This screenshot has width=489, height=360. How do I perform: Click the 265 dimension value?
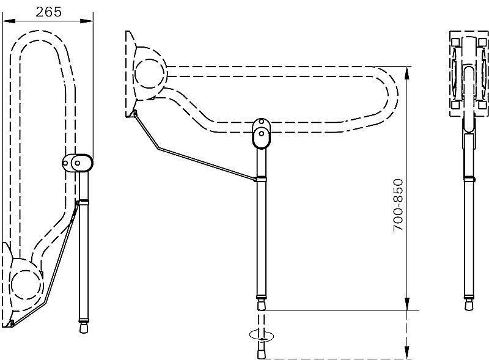[49, 12]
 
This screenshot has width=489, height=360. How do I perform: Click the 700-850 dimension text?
[398, 205]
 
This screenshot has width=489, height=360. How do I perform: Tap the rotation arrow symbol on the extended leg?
[262, 336]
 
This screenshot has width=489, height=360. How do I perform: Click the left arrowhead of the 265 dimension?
[9, 21]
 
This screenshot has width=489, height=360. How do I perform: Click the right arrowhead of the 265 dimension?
[87, 21]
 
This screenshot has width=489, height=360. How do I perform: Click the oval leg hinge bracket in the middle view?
[262, 133]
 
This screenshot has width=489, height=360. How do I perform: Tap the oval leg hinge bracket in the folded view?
[78, 163]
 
